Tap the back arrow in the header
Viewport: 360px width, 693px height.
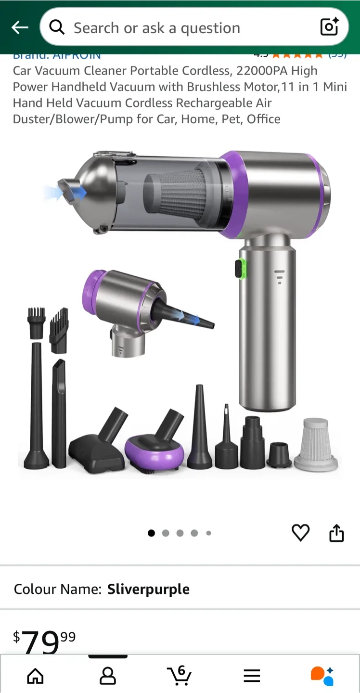click(x=20, y=28)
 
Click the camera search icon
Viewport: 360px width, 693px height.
click(x=329, y=27)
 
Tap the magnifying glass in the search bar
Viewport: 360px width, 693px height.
click(x=57, y=28)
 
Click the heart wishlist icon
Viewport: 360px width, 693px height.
click(x=301, y=533)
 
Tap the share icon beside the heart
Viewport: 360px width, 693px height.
click(x=336, y=533)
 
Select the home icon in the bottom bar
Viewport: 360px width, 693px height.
click(x=35, y=676)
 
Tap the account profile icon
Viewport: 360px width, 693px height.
click(x=107, y=676)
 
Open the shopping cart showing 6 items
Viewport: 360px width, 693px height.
click(x=179, y=675)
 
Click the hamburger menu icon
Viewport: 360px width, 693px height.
click(x=252, y=676)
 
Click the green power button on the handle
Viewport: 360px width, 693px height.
click(x=240, y=269)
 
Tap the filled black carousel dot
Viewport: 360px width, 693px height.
click(x=151, y=533)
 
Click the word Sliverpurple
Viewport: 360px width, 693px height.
click(x=148, y=589)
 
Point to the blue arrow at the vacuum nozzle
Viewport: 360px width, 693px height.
click(x=77, y=192)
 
